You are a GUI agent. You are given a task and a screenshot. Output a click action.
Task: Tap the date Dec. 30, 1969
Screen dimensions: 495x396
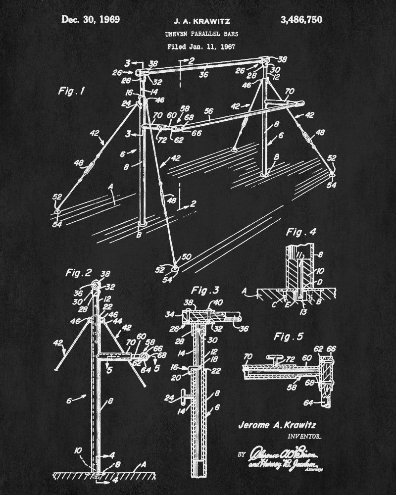(91, 20)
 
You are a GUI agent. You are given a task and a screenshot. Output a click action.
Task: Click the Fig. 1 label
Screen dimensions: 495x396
(71, 91)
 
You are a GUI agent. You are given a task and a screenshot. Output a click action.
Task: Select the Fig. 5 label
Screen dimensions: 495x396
(287, 337)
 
